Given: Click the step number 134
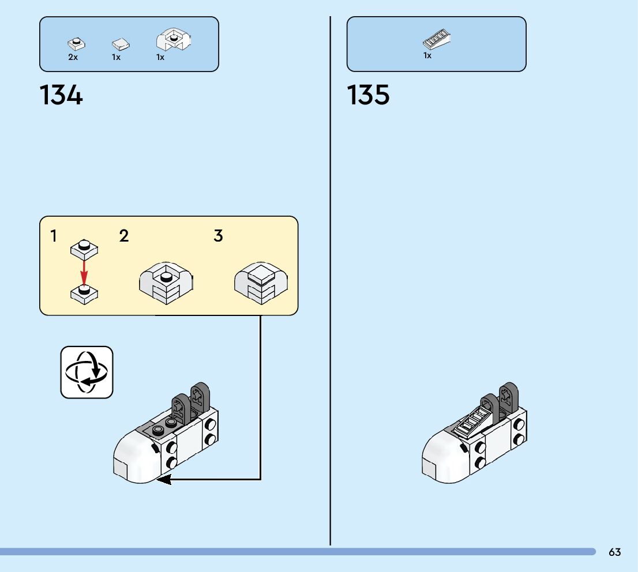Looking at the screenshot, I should click(61, 95).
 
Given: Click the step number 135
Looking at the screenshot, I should click(368, 95).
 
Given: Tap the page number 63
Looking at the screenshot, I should click(614, 552).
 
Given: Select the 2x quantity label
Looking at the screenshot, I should click(73, 58).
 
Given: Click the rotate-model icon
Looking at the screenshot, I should click(87, 372).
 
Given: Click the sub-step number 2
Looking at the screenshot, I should click(124, 236).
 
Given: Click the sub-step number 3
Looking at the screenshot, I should click(218, 236).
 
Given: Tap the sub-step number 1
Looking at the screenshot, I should click(54, 236).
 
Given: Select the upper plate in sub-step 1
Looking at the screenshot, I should click(84, 249).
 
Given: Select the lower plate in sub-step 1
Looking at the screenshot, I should click(84, 293).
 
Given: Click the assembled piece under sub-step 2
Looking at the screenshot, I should click(166, 283).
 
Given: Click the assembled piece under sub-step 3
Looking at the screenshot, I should click(261, 283).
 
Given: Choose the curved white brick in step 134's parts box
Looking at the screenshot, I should click(174, 41).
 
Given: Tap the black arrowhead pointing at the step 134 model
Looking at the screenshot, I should click(164, 479).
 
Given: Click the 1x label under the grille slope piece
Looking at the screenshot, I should click(427, 56).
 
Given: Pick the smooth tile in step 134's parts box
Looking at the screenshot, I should click(121, 44).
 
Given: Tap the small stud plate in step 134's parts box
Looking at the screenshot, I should click(76, 43).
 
